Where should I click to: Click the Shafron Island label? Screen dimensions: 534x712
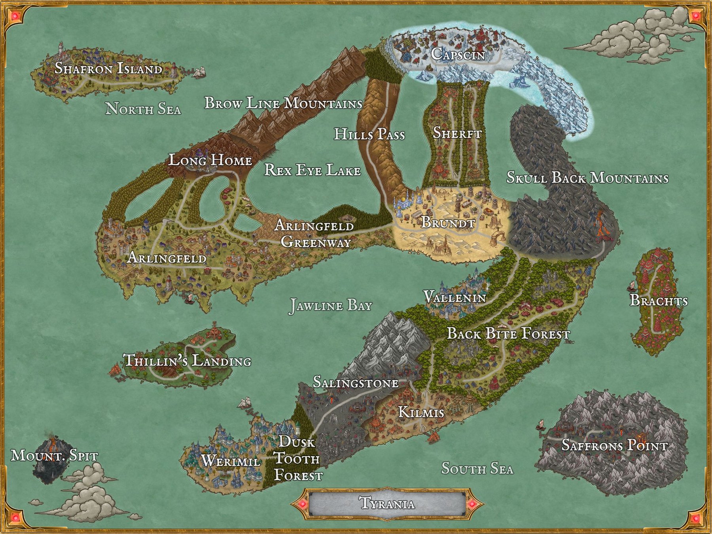[x=108, y=68]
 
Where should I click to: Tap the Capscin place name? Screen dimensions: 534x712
[x=458, y=54]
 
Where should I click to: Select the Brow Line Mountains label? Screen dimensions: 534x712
[x=283, y=103]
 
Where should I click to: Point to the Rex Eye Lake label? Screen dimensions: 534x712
[x=312, y=170]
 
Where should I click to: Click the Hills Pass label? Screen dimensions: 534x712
[x=369, y=134]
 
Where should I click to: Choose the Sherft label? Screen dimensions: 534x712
[x=457, y=133]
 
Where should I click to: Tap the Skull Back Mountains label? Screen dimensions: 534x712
[x=587, y=178]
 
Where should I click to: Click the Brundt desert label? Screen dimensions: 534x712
[x=447, y=222]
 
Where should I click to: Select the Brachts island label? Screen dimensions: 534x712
[x=659, y=301]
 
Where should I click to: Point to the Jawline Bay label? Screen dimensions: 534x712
[x=331, y=306]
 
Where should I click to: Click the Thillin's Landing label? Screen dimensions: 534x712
[x=187, y=360]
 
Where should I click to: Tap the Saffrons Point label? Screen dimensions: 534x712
[x=614, y=446]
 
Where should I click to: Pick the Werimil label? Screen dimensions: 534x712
[x=231, y=461]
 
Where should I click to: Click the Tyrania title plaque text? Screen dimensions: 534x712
[x=387, y=504]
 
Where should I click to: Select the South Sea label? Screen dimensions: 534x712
[x=477, y=469]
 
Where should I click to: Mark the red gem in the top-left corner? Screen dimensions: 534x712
[x=15, y=16]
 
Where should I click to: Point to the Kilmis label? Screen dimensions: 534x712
[x=421, y=412]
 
